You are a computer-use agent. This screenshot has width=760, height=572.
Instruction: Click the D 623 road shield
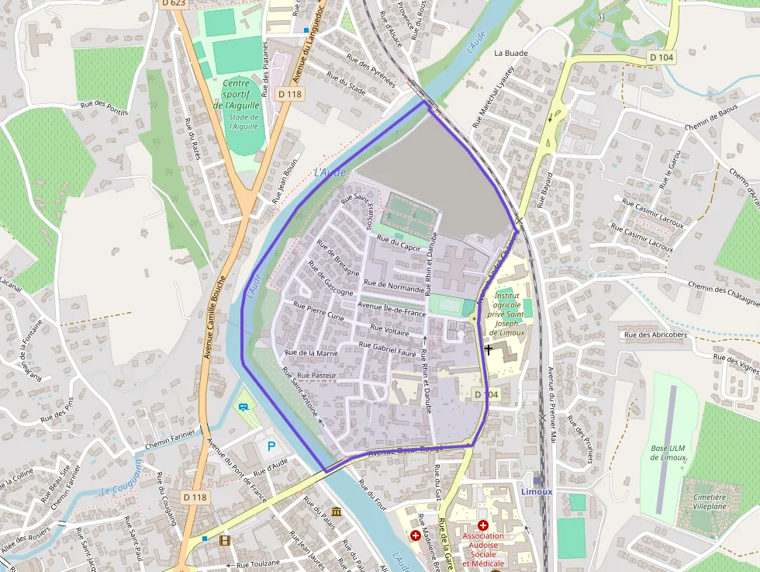click(174, 3)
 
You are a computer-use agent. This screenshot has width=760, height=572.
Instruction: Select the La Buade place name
click(511, 54)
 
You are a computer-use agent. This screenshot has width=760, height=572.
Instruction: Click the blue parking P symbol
click(271, 446)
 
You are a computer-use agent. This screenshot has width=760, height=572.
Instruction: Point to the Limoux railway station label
click(537, 491)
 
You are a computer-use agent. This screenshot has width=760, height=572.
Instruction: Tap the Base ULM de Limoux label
click(668, 452)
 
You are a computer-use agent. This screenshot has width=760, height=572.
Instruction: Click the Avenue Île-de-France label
click(392, 310)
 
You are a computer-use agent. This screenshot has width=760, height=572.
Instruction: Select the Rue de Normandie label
click(395, 286)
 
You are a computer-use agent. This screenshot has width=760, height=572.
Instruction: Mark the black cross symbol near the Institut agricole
click(489, 349)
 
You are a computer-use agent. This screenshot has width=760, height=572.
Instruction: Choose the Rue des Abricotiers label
click(655, 335)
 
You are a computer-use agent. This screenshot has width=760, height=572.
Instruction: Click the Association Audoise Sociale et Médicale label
click(483, 549)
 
